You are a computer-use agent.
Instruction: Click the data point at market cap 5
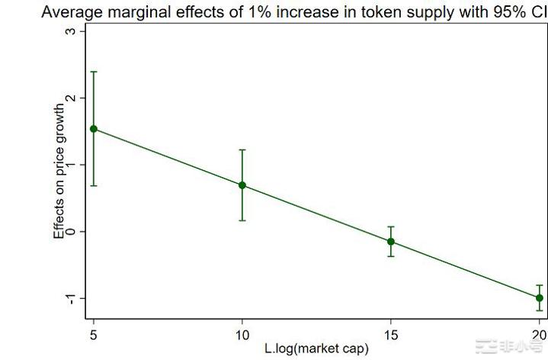(x=94, y=129)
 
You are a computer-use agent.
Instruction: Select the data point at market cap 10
(x=242, y=185)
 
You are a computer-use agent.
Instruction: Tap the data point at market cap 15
(x=391, y=242)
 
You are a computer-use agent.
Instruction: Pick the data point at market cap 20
(x=540, y=297)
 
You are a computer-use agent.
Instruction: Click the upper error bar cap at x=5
(x=94, y=72)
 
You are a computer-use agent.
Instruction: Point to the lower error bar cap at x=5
(x=94, y=185)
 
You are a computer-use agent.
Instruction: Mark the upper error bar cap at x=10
(x=242, y=150)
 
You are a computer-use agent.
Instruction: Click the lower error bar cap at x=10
(x=242, y=220)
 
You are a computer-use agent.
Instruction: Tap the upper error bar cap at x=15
(x=391, y=227)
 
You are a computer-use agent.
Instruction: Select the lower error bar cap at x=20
(x=540, y=310)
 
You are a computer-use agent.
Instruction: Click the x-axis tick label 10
(x=242, y=334)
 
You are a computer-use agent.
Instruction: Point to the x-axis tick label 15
(x=391, y=334)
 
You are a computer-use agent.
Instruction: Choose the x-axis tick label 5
(x=94, y=334)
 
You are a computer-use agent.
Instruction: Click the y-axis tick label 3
(x=71, y=31)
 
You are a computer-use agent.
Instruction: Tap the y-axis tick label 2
(x=71, y=98)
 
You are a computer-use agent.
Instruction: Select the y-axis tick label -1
(x=71, y=297)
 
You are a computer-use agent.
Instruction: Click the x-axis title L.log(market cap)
(x=316, y=349)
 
